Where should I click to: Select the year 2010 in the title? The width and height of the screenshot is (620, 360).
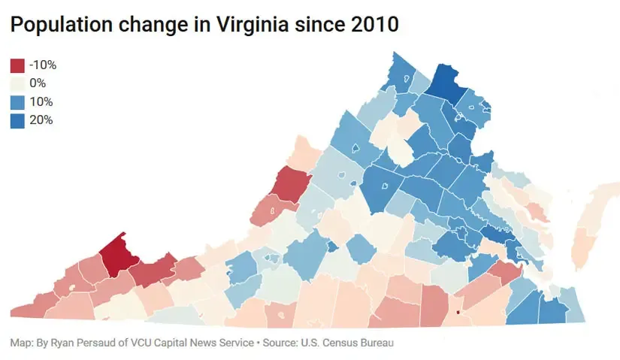click(372, 25)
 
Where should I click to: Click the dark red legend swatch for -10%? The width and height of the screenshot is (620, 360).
click(17, 65)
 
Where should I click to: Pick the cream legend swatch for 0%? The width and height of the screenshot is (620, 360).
click(17, 83)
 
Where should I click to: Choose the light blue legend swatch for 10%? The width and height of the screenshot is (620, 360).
click(17, 101)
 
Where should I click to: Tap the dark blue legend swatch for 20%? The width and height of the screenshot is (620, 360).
click(17, 120)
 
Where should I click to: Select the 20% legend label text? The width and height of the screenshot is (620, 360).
click(41, 120)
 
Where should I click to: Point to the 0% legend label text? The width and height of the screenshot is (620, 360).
click(38, 83)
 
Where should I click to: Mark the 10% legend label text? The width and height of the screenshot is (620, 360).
click(41, 101)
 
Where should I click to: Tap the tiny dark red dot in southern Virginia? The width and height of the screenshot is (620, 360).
click(457, 312)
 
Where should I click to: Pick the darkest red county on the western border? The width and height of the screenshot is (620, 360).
click(290, 183)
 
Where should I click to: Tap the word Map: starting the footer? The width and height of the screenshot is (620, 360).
click(21, 343)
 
